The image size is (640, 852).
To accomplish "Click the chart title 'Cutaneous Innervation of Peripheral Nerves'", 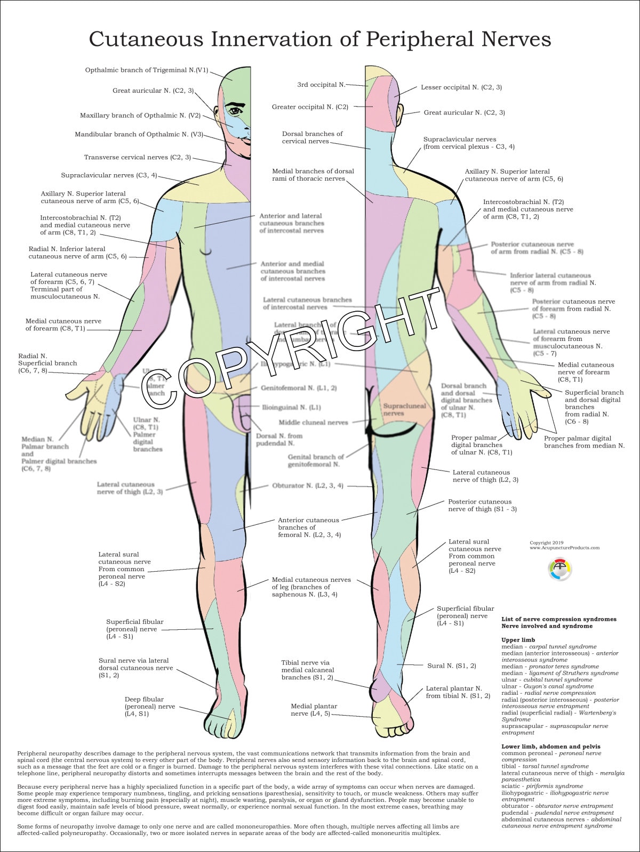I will pyautogui.click(x=320, y=39).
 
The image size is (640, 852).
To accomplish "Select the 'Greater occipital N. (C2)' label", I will pyautogui.click(x=310, y=107).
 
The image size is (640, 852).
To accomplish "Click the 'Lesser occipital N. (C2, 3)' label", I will pyautogui.click(x=461, y=87).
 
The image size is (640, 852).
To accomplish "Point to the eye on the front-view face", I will pyautogui.click(x=235, y=111).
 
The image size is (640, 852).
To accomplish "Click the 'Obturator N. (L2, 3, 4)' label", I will pyautogui.click(x=308, y=486).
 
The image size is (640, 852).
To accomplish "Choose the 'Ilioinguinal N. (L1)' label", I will pyautogui.click(x=291, y=408).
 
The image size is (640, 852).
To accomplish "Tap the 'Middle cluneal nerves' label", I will pyautogui.click(x=313, y=423).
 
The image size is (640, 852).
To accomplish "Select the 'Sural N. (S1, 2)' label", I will pyautogui.click(x=452, y=666).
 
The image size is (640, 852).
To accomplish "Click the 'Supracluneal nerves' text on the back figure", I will pyautogui.click(x=405, y=409).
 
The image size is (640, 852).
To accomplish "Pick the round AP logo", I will pyautogui.click(x=559, y=569).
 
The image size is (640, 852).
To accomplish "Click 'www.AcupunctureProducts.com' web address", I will pyautogui.click(x=564, y=548).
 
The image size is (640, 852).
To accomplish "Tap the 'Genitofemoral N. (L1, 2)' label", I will pyautogui.click(x=299, y=388).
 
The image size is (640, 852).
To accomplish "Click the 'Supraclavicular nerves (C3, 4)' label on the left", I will pyautogui.click(x=109, y=175).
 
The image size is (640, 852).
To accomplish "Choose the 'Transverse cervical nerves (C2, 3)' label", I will pyautogui.click(x=137, y=158).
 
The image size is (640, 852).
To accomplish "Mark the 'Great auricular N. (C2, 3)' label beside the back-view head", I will pyautogui.click(x=464, y=113).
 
